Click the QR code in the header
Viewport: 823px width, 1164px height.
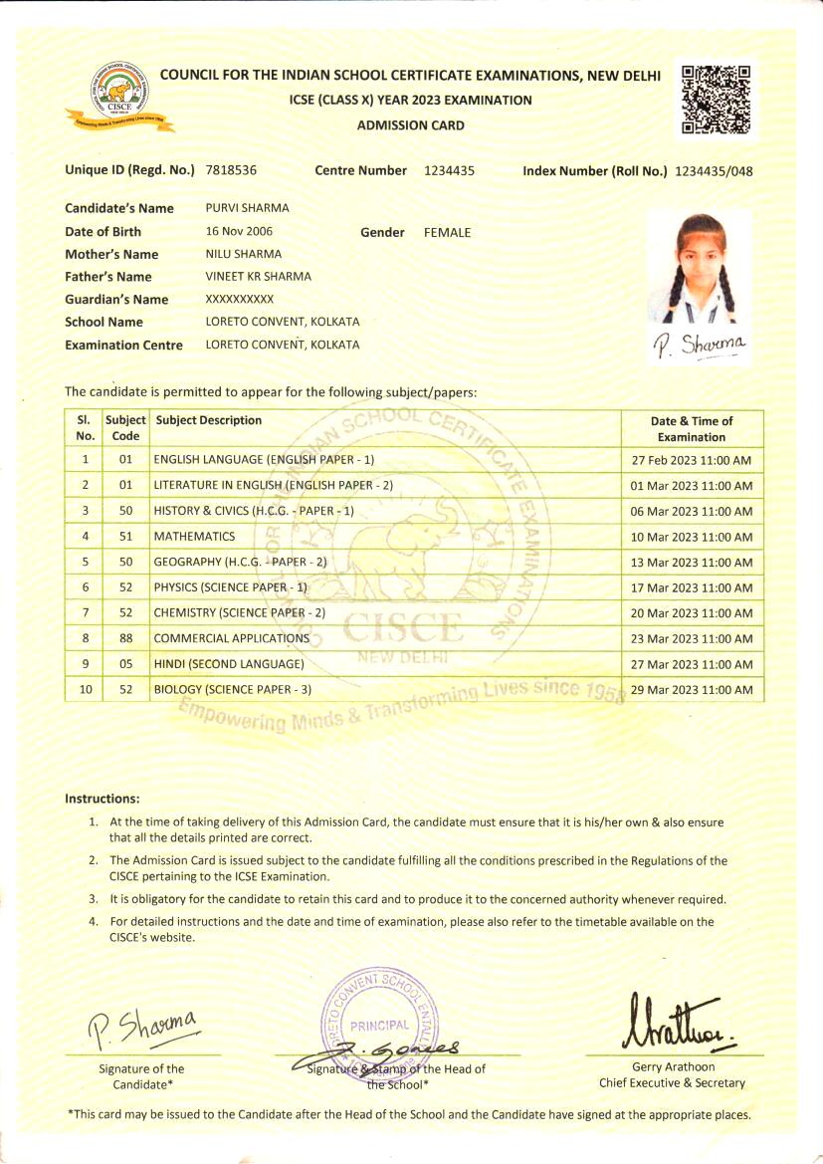click(x=716, y=99)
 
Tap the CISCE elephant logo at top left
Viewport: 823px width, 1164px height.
click(x=119, y=97)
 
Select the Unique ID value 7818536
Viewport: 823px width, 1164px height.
click(x=231, y=170)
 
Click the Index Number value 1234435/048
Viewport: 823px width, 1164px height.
click(x=714, y=171)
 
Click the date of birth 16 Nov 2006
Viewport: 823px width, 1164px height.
click(x=238, y=231)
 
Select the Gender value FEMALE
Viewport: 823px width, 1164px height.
click(x=447, y=232)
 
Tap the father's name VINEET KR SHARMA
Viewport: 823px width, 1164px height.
click(x=258, y=277)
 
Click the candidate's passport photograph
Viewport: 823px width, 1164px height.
click(x=698, y=266)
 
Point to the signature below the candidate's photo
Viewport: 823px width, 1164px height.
click(x=699, y=345)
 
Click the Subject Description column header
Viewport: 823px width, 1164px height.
click(x=208, y=420)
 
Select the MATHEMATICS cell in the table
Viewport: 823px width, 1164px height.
click(x=194, y=537)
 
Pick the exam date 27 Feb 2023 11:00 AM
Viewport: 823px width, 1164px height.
click(x=692, y=460)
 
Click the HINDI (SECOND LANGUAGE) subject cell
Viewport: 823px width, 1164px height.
click(x=229, y=664)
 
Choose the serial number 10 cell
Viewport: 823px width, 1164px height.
click(x=85, y=690)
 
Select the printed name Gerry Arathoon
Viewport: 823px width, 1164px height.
click(x=673, y=1067)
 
